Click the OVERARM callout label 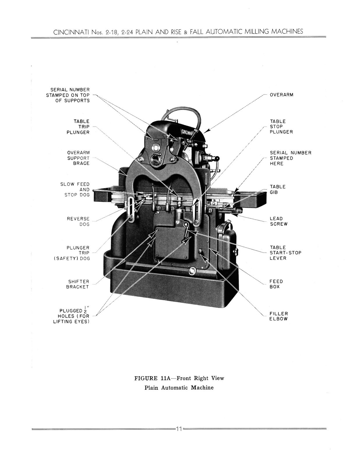pyautogui.click(x=281, y=95)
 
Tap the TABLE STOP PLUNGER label pyautogui.click(x=281, y=127)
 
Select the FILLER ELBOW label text pyautogui.click(x=278, y=316)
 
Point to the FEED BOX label pyautogui.click(x=276, y=284)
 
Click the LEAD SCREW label pyautogui.click(x=278, y=221)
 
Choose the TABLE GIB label pyautogui.click(x=278, y=190)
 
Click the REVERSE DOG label pyautogui.click(x=78, y=222)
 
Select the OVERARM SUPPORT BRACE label pyautogui.click(x=78, y=158)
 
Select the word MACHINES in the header pyautogui.click(x=287, y=31)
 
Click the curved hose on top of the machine pyautogui.click(x=182, y=114)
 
